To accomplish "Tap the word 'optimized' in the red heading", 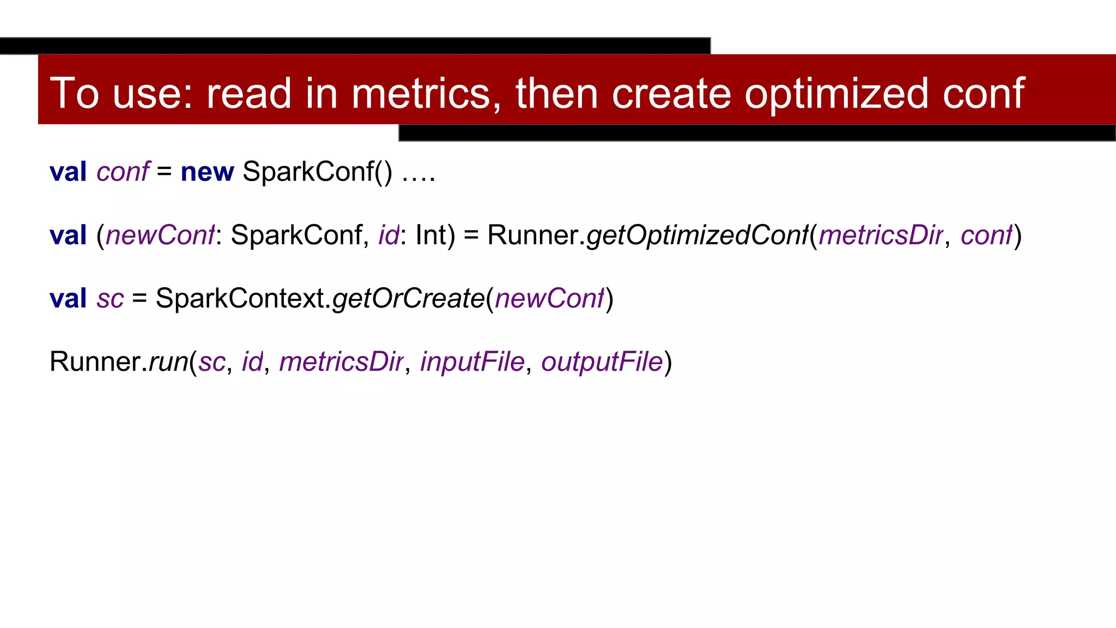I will point(836,93).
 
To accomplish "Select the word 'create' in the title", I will point(671,93).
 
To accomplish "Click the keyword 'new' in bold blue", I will point(207,172).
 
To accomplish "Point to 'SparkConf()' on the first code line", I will point(317,172).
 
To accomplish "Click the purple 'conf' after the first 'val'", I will point(123,172).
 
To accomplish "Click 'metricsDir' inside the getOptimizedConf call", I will point(881,235).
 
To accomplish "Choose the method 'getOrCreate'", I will point(408,299).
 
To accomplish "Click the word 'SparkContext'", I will point(240,299).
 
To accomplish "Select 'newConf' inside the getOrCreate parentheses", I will point(550,299).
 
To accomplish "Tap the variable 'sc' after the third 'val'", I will point(111,299).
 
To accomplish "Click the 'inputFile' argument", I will point(472,362).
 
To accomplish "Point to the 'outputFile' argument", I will point(602,362).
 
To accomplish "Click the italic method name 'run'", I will point(168,362).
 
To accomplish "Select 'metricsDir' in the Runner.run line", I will point(341,362).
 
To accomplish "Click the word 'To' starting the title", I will point(75,93).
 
